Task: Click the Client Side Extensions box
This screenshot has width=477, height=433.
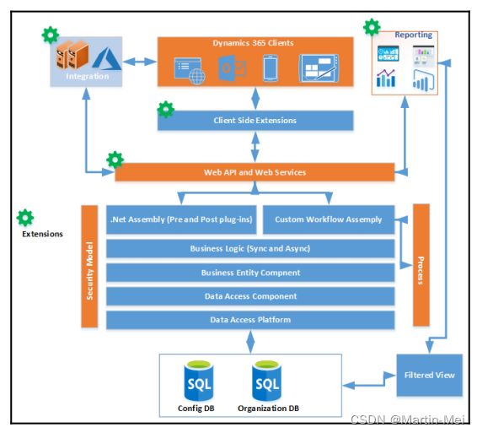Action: [x=255, y=121]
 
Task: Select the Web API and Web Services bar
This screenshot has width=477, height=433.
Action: [x=255, y=172]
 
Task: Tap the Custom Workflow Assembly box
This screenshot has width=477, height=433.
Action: [x=329, y=219]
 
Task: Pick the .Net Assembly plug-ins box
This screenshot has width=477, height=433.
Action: [x=181, y=219]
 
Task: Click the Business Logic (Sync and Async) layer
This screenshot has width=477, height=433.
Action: [x=250, y=248]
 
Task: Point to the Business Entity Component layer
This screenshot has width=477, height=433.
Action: [x=250, y=273]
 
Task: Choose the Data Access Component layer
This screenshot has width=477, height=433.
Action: [x=250, y=296]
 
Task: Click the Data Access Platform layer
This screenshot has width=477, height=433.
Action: [x=250, y=320]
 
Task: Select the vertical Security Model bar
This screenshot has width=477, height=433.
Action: [x=89, y=267]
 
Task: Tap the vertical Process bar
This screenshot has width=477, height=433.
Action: [x=421, y=265]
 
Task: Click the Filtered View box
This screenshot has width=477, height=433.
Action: [x=429, y=375]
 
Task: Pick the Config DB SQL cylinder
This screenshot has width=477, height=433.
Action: [x=199, y=381]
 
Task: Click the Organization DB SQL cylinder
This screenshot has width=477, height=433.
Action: [x=267, y=381]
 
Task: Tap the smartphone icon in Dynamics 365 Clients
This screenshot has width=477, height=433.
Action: [x=271, y=68]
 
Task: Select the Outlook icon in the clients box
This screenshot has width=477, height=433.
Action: [x=232, y=68]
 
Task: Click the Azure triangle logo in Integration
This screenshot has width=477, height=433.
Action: [x=106, y=59]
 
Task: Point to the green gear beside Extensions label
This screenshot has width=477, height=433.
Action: [x=25, y=218]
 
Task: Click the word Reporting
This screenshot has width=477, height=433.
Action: [x=414, y=35]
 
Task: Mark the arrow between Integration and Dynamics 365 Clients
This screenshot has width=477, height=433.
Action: [x=140, y=62]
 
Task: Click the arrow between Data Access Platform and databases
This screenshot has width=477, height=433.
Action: [x=250, y=342]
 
